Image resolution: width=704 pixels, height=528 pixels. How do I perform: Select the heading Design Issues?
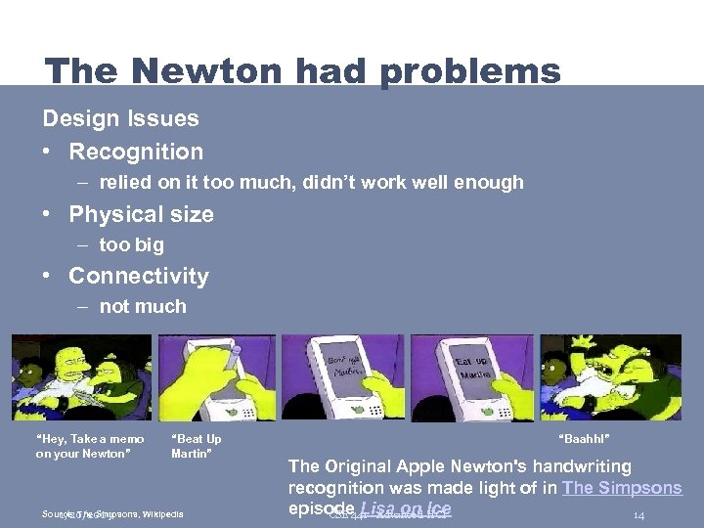click(x=120, y=119)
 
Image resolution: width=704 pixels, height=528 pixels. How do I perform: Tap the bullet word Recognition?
click(x=136, y=152)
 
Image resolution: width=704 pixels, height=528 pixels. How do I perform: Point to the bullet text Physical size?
click(x=141, y=214)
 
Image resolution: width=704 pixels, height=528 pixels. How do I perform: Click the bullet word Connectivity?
click(x=139, y=277)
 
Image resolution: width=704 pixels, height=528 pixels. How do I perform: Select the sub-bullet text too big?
click(x=131, y=244)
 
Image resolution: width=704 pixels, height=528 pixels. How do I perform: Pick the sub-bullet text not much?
click(x=143, y=306)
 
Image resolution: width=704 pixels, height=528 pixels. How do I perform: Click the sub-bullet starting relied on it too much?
click(x=311, y=182)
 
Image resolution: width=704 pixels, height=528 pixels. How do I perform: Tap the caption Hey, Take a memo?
click(x=90, y=439)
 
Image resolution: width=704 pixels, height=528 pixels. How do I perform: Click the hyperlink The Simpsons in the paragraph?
click(x=622, y=488)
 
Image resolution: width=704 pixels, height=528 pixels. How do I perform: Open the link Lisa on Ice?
click(x=406, y=508)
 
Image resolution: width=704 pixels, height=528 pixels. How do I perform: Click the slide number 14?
click(x=638, y=515)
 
